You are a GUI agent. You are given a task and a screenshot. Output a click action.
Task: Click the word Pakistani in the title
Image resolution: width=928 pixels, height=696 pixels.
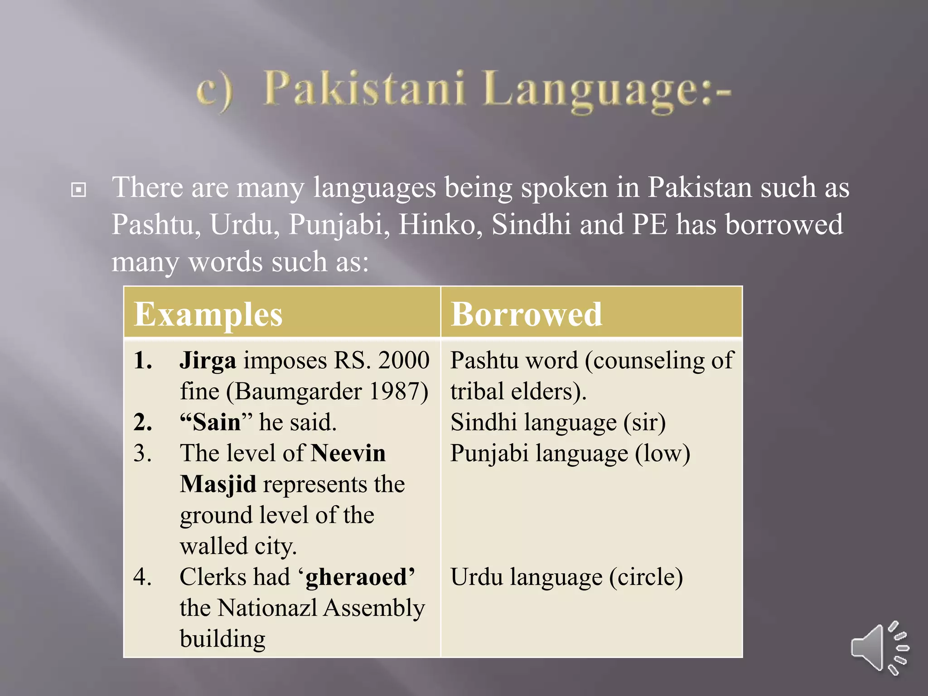pyautogui.click(x=365, y=89)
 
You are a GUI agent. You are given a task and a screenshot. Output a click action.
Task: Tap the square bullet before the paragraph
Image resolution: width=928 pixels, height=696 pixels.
pyautogui.click(x=78, y=189)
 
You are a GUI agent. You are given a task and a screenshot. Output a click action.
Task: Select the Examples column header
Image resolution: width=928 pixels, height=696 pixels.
pyautogui.click(x=208, y=314)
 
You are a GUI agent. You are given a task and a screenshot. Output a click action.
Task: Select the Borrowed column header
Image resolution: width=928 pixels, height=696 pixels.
pyautogui.click(x=526, y=314)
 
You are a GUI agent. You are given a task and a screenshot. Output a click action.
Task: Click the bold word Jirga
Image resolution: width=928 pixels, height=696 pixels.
pyautogui.click(x=208, y=361)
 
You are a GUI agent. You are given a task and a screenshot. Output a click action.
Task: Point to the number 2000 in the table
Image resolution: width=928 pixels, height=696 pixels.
pyautogui.click(x=404, y=361)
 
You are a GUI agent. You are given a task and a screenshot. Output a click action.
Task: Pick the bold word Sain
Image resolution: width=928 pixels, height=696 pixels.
pyautogui.click(x=217, y=422)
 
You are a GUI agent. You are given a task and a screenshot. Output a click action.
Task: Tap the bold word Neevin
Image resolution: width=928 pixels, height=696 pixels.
pyautogui.click(x=348, y=453)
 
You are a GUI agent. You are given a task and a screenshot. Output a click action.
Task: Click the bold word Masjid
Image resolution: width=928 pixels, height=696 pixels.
pyautogui.click(x=218, y=484)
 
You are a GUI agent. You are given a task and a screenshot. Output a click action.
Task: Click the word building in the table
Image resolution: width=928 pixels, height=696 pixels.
pyautogui.click(x=222, y=639)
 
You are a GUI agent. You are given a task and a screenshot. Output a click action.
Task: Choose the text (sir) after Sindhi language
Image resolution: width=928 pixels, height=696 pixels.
pyautogui.click(x=644, y=422)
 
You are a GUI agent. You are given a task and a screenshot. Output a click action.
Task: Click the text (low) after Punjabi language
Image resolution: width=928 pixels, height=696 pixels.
pyautogui.click(x=662, y=453)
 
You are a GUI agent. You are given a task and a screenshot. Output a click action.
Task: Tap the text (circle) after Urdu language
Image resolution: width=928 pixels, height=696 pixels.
pyautogui.click(x=646, y=577)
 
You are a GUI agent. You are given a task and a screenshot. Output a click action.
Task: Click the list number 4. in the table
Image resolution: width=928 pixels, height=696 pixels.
pyautogui.click(x=143, y=577)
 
